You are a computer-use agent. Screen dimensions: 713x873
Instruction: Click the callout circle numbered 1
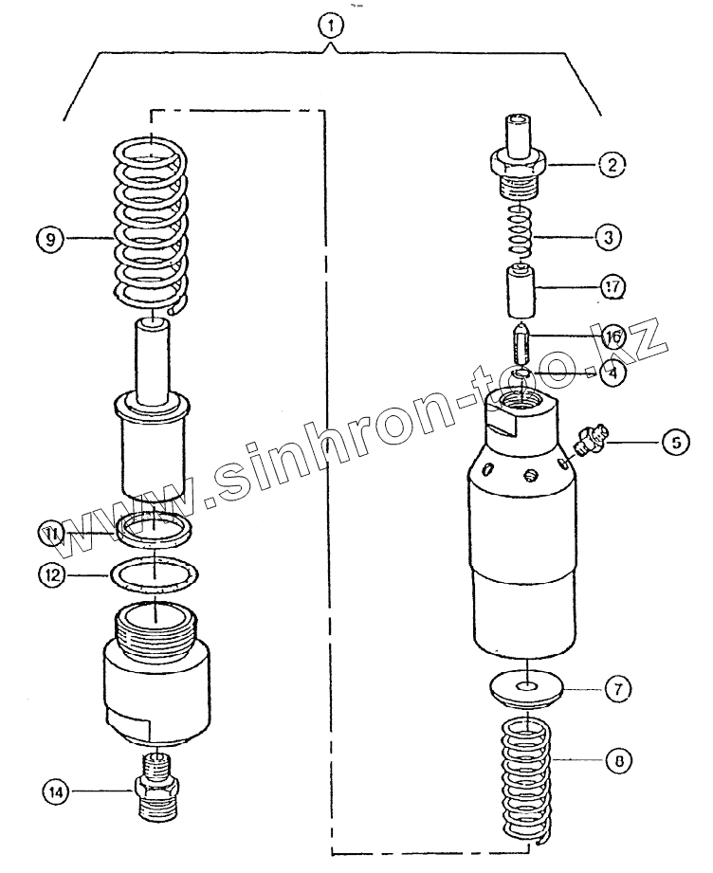point(330,27)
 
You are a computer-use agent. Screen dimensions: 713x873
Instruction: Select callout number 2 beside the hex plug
point(611,165)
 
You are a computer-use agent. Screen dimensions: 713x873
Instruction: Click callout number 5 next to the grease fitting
point(676,441)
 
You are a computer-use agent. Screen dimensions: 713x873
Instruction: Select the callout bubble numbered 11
point(52,536)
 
